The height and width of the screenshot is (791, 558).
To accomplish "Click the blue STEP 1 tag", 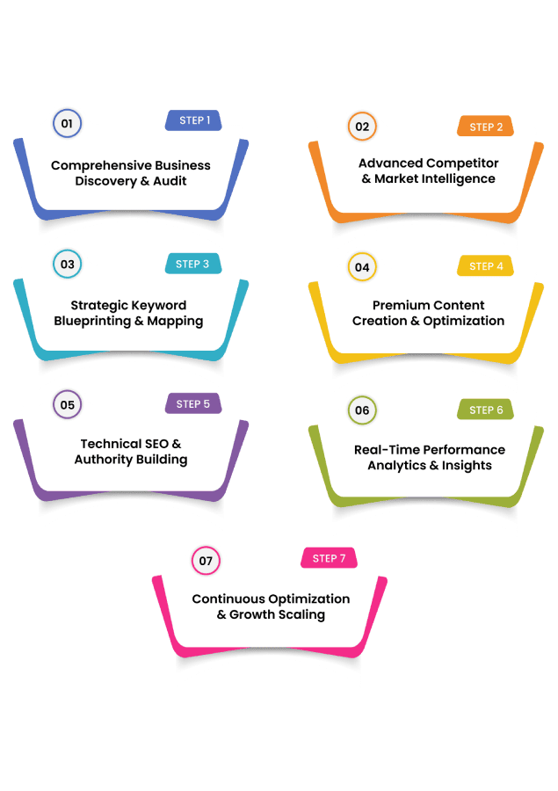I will tap(193, 120).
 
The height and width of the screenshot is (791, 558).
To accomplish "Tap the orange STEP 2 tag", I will tap(485, 127).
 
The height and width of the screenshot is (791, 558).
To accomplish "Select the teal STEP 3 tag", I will tap(192, 264).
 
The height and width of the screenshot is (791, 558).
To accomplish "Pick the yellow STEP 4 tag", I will tap(485, 265).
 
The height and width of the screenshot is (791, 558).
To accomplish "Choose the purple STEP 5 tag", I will tap(192, 404).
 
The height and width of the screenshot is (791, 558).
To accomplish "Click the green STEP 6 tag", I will tap(485, 410).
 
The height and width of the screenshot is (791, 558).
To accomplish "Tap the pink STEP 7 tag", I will tap(329, 558).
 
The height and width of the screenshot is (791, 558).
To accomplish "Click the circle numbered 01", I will tap(67, 124).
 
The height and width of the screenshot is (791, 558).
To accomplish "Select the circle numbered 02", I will tap(362, 127).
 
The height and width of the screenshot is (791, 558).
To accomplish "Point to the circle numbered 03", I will tap(67, 264).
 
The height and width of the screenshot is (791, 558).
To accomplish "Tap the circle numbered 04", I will tap(362, 266).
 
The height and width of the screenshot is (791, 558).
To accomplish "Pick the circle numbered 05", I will tap(67, 405).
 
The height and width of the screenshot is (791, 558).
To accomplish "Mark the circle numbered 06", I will tap(362, 410).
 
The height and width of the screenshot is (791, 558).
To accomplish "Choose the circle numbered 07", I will tap(206, 560).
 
